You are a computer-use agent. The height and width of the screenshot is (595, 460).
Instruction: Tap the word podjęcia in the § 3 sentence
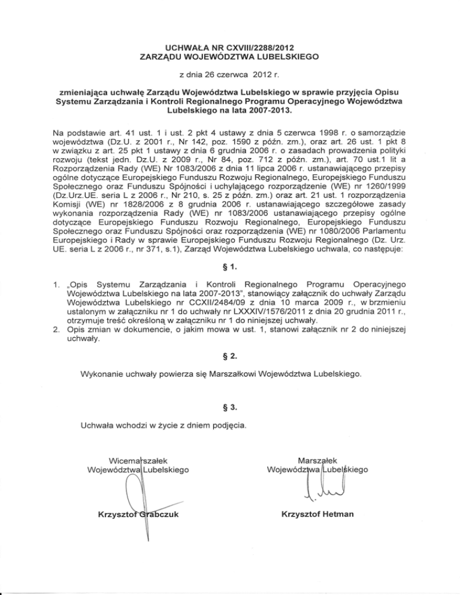point(225,426)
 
